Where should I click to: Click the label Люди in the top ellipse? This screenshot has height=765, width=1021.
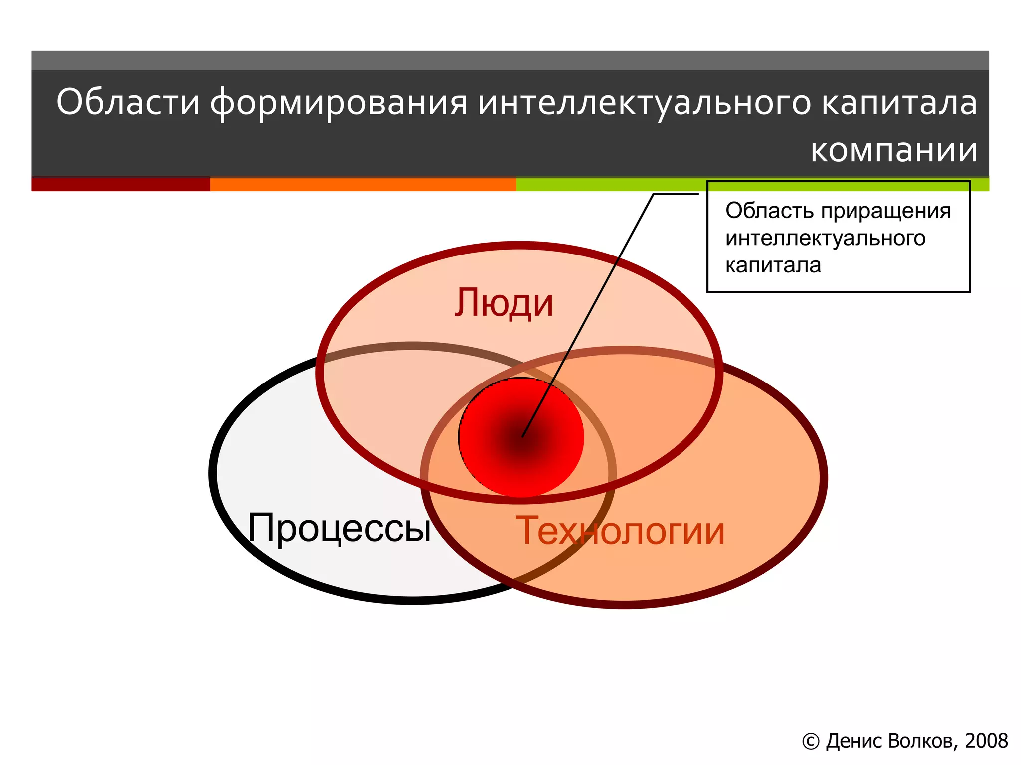click(x=504, y=303)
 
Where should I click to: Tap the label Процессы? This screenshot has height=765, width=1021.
click(x=340, y=528)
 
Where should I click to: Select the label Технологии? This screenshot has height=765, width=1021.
click(x=620, y=531)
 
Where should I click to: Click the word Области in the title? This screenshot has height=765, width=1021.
click(x=128, y=102)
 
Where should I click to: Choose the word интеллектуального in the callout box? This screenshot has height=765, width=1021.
click(x=825, y=238)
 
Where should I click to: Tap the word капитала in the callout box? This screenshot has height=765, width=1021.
click(x=773, y=265)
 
